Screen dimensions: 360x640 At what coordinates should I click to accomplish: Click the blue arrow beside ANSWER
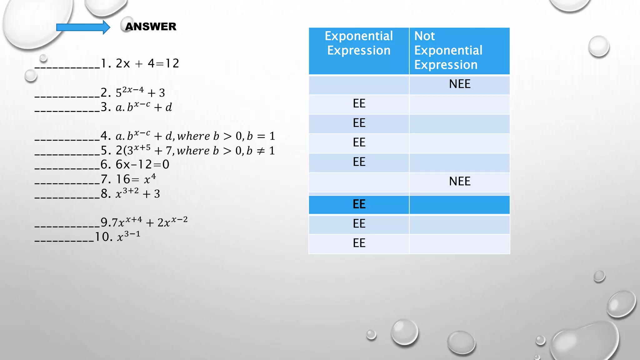[x=83, y=27]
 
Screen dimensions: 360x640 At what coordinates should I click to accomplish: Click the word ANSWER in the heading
[x=151, y=27]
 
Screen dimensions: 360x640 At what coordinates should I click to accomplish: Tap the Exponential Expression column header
[x=359, y=43]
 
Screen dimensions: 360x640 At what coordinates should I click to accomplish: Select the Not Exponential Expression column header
[x=448, y=50]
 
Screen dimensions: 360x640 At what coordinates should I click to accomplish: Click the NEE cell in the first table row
[x=459, y=84]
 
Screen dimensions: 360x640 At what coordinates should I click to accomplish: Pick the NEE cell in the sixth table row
[x=459, y=181]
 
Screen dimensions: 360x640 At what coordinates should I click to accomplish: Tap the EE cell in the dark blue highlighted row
[x=359, y=204]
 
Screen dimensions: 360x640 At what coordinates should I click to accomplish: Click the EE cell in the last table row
[x=359, y=243]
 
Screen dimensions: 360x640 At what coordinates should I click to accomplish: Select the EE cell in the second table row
[x=359, y=103]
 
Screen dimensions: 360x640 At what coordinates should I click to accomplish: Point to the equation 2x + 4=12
[x=147, y=63]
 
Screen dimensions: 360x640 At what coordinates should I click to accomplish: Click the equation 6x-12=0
[x=142, y=164]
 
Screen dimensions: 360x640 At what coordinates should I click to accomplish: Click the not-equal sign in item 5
[x=261, y=151]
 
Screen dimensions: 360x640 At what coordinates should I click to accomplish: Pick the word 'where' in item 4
[x=193, y=136]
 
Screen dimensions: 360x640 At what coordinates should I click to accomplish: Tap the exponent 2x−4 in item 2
[x=133, y=90]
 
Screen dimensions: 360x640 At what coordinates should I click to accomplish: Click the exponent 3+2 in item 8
[x=130, y=191]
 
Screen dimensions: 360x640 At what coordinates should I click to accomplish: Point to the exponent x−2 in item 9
[x=179, y=219]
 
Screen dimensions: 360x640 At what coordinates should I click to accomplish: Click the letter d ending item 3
[x=169, y=107]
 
